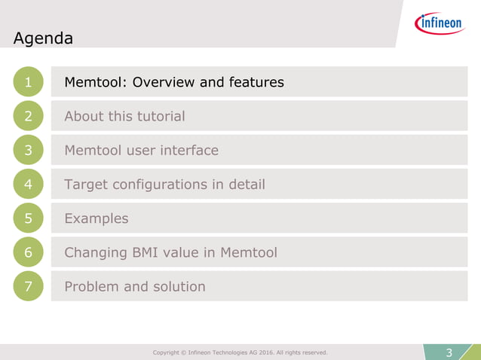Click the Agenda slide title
pos(43,38)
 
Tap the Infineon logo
pos(440,24)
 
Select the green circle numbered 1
pos(28,83)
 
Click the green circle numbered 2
pos(28,117)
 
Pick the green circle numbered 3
pos(28,151)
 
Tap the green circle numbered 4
pos(28,185)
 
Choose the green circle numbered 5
pos(28,218)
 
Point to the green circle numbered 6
pos(28,253)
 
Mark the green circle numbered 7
pos(28,287)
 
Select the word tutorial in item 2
pos(158,117)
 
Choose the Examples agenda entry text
pos(97,219)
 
